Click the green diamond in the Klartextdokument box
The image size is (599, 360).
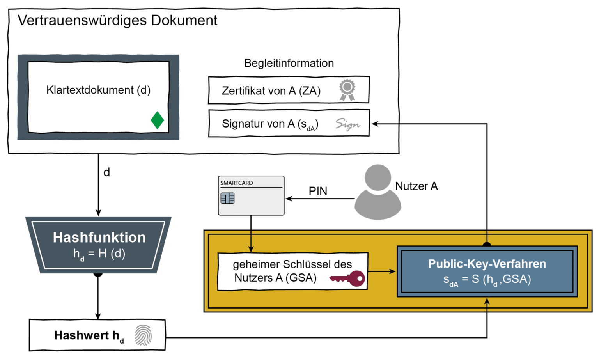157,120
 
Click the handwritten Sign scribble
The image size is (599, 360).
347,124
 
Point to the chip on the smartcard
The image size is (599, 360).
227,198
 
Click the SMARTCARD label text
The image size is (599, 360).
236,183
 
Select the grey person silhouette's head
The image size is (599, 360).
377,177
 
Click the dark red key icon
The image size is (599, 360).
347,278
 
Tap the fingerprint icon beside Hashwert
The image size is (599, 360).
143,335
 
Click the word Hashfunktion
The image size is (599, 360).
99,238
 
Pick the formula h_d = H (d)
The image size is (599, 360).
99,254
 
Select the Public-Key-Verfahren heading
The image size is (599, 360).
487,264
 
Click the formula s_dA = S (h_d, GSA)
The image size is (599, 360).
487,280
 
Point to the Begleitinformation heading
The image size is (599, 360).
289,63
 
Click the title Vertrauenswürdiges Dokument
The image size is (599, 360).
117,21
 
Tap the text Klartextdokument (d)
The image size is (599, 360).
98,90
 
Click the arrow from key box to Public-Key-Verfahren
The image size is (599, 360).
382,271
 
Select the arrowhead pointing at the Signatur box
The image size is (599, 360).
374,124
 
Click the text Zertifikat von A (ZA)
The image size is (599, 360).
271,91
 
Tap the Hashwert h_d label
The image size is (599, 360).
89,336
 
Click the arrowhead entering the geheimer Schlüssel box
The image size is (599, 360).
251,249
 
